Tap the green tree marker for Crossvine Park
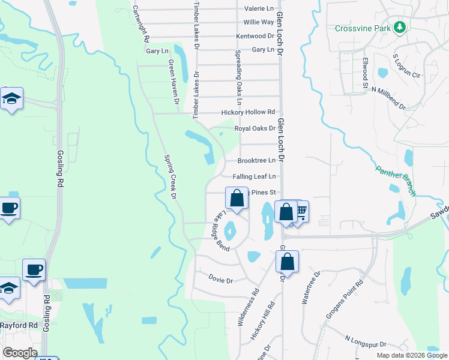click(x=399, y=28)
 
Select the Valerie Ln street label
click(x=259, y=9)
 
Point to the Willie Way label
click(x=259, y=22)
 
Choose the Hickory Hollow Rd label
click(x=248, y=112)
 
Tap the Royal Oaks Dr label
click(x=255, y=128)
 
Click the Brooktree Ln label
click(x=256, y=161)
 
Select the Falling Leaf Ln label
click(x=254, y=176)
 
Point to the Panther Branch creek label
click(x=396, y=179)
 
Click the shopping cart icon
click(x=301, y=211)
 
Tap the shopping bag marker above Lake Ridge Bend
click(x=237, y=198)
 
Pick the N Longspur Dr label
click(x=364, y=343)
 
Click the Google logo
click(x=20, y=353)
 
